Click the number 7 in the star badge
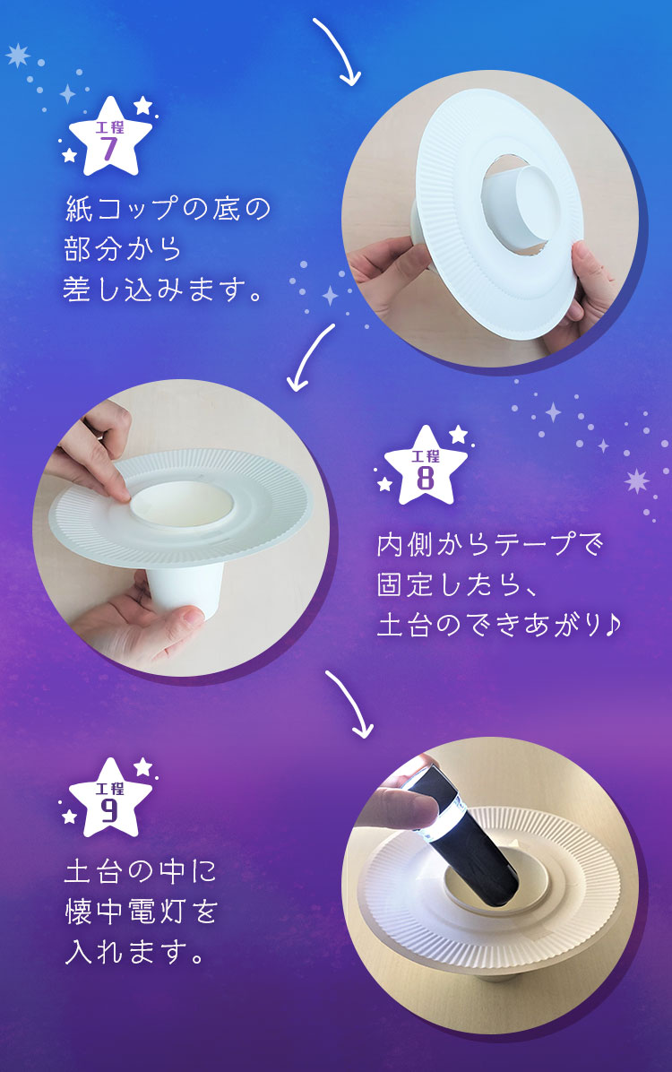click(x=109, y=147)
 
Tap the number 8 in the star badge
click(x=426, y=477)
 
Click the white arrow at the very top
click(x=337, y=51)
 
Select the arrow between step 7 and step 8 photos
click(x=311, y=358)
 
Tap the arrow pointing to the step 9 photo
click(x=349, y=705)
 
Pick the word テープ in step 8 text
click(x=533, y=545)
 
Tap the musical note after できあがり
click(x=612, y=625)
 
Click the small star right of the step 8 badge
click(x=458, y=434)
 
